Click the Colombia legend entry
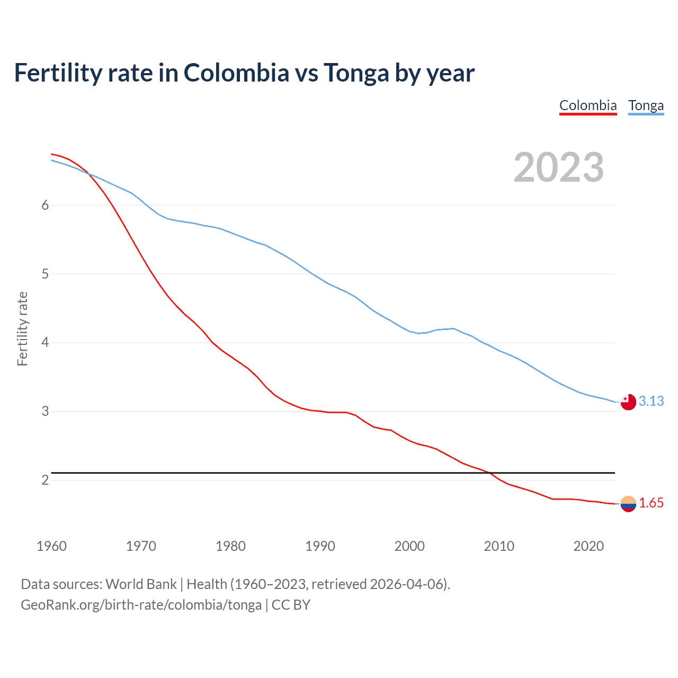[x=588, y=105]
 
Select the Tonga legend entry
[x=646, y=105]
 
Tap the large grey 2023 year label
[x=558, y=167]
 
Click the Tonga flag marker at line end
[x=628, y=402]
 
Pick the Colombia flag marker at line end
[x=628, y=504]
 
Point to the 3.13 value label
[x=651, y=401]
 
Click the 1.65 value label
[x=651, y=503]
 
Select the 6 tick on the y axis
[x=45, y=206]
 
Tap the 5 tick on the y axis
[x=45, y=274]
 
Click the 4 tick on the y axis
[x=45, y=343]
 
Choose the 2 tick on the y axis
[x=45, y=480]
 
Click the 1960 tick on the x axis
[x=51, y=546]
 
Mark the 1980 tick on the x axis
[x=230, y=546]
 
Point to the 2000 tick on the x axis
[x=409, y=546]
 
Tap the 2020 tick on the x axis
[x=588, y=546]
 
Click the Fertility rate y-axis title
[x=22, y=328]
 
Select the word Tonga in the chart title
[x=356, y=73]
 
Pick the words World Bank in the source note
[x=141, y=584]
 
